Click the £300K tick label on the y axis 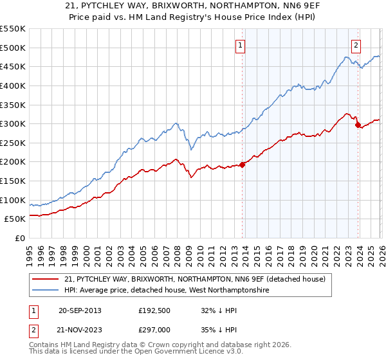[x=12, y=123]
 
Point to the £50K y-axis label [x=14, y=219]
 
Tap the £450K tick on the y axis [x=12, y=66]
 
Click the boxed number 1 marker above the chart [x=240, y=45]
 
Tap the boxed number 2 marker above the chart [x=356, y=45]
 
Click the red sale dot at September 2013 [x=243, y=165]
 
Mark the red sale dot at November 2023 [x=358, y=125]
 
